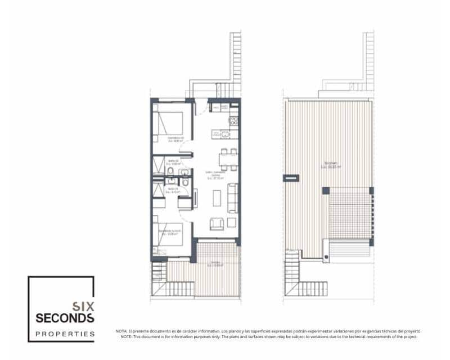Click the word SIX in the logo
(83, 307)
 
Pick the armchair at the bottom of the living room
(216, 224)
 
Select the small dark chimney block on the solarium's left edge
(291, 178)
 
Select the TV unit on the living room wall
(196, 198)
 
